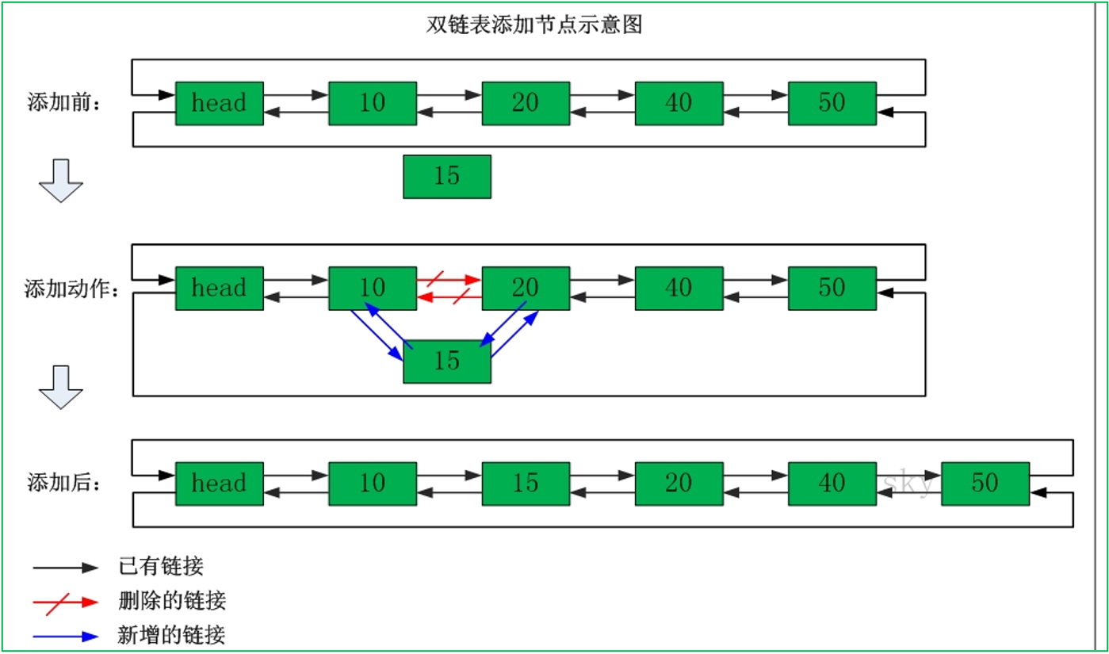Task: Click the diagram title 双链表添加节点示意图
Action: click(533, 25)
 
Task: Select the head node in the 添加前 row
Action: click(219, 103)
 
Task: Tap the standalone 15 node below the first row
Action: click(447, 176)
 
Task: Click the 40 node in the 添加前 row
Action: click(679, 103)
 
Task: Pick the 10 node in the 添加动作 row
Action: click(373, 288)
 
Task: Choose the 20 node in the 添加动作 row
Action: click(526, 288)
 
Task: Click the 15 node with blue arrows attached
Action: click(447, 361)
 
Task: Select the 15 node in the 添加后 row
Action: click(526, 484)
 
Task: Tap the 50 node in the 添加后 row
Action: click(985, 484)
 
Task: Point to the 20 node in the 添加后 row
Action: click(679, 484)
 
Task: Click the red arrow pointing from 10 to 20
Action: click(449, 279)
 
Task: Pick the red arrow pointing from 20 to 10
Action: click(449, 297)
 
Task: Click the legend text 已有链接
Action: click(161, 566)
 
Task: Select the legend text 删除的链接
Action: click(172, 601)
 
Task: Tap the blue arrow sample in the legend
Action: click(65, 636)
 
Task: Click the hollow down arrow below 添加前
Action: click(61, 180)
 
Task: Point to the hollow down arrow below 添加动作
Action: click(61, 387)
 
